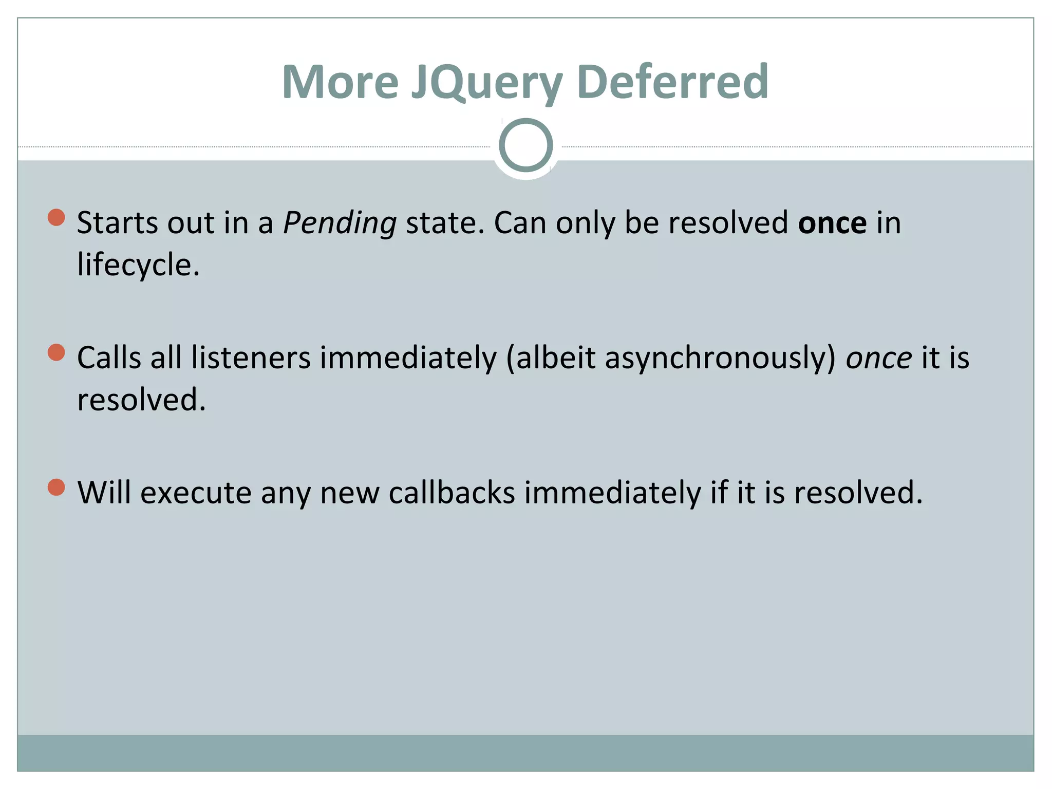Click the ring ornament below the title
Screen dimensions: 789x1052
[x=525, y=145]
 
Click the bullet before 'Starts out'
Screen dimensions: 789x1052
[x=56, y=217]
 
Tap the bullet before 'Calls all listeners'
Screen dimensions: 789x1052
[x=56, y=352]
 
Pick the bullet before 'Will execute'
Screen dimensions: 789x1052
[x=56, y=487]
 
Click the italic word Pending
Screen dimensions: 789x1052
[x=340, y=224]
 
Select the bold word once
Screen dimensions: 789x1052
[x=832, y=223]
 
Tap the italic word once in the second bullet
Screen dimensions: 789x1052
[x=878, y=359]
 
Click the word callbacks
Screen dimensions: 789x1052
[x=452, y=493]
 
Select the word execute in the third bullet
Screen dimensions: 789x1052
[x=196, y=493]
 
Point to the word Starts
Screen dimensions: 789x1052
[x=117, y=223]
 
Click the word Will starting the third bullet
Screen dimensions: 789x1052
[x=104, y=493]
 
